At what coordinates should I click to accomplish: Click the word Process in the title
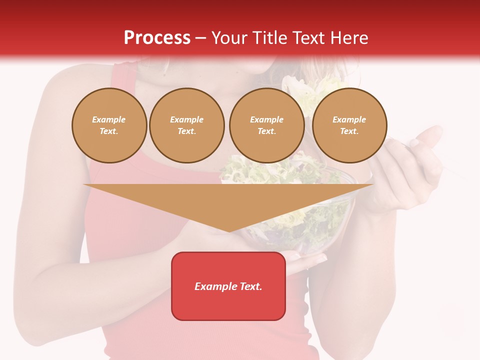pos(157,38)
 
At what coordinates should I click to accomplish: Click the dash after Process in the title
pos(200,38)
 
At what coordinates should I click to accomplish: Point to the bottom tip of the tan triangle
pos(228,230)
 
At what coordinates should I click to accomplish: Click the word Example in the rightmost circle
pos(349,119)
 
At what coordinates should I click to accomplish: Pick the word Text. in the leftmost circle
pos(109,131)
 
